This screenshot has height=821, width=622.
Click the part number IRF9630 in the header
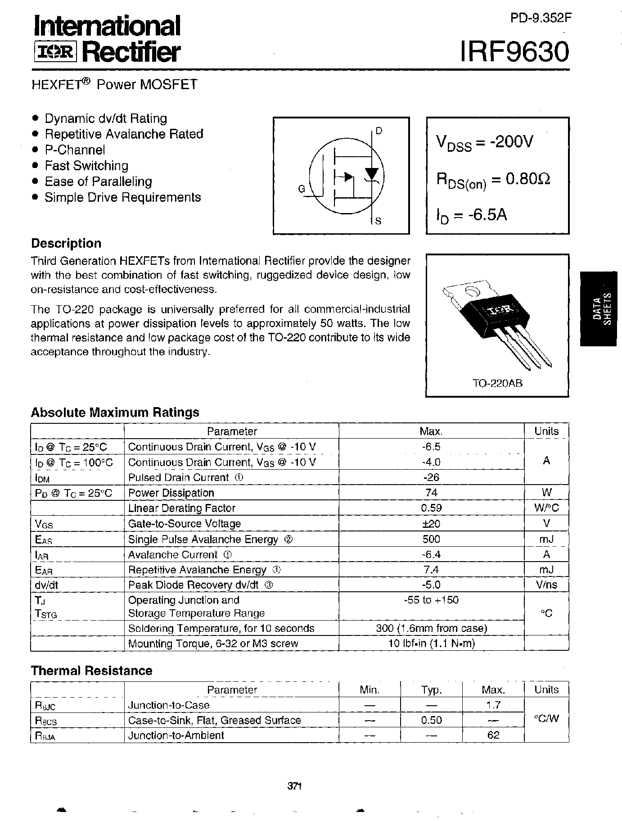point(514,52)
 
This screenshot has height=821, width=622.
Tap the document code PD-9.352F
point(540,18)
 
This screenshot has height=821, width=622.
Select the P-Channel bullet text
point(75,150)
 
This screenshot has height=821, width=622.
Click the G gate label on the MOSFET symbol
point(302,189)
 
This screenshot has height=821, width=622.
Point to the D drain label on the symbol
point(379,131)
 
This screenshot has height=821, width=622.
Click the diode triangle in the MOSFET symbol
point(371,173)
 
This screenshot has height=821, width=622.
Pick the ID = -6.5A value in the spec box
point(471,215)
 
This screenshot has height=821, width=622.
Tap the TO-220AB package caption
point(497,384)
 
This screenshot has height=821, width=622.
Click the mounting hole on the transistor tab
point(471,290)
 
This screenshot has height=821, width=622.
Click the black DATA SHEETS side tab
point(601,308)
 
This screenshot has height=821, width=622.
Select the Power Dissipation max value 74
point(431,493)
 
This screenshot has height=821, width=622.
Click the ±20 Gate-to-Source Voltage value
point(431,523)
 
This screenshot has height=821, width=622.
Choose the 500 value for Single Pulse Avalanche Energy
point(431,539)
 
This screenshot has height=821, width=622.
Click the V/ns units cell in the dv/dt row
point(546,585)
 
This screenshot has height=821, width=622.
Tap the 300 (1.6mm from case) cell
point(431,628)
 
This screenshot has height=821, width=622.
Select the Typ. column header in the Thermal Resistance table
point(431,689)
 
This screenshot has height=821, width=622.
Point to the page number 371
point(294,786)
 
